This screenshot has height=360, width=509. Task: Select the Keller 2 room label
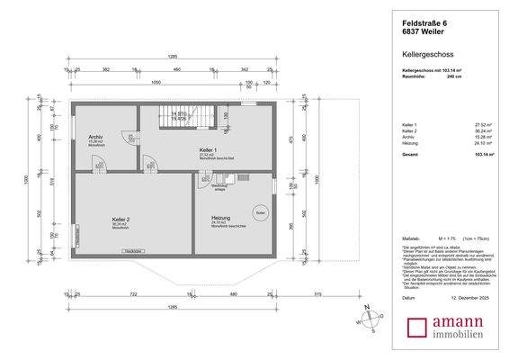coord(121,219)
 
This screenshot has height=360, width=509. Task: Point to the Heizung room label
coord(222,219)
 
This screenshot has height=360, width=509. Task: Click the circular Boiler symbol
coord(261,211)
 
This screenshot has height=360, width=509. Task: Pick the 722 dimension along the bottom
coord(133,294)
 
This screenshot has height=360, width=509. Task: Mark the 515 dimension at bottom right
coord(317,294)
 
